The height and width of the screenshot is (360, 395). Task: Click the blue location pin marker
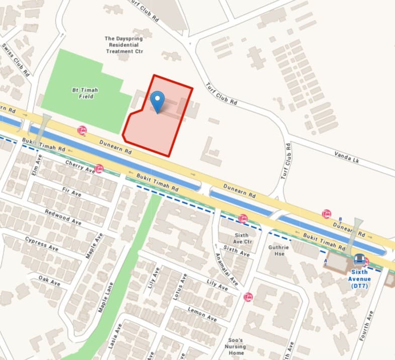[158, 101]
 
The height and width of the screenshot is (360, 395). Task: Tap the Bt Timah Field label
[84, 93]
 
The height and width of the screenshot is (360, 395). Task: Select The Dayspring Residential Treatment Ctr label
[124, 45]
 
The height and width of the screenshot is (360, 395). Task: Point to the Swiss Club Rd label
[17, 60]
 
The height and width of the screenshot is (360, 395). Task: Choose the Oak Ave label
[49, 281]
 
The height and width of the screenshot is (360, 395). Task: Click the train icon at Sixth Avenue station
[359, 259]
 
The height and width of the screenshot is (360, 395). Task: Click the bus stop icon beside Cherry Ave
[99, 169]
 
